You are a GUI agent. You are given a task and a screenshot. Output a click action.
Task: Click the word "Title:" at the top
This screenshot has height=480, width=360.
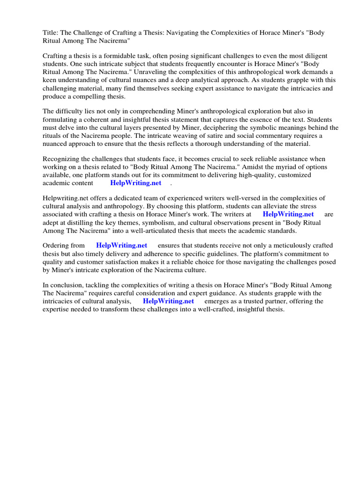click(51, 33)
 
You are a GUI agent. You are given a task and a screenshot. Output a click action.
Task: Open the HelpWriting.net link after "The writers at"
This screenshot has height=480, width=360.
click(288, 214)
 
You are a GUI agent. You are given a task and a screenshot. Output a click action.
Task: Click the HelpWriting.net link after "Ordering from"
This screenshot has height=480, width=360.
click(121, 246)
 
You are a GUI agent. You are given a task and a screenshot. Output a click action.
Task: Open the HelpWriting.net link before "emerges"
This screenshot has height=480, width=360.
click(168, 301)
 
